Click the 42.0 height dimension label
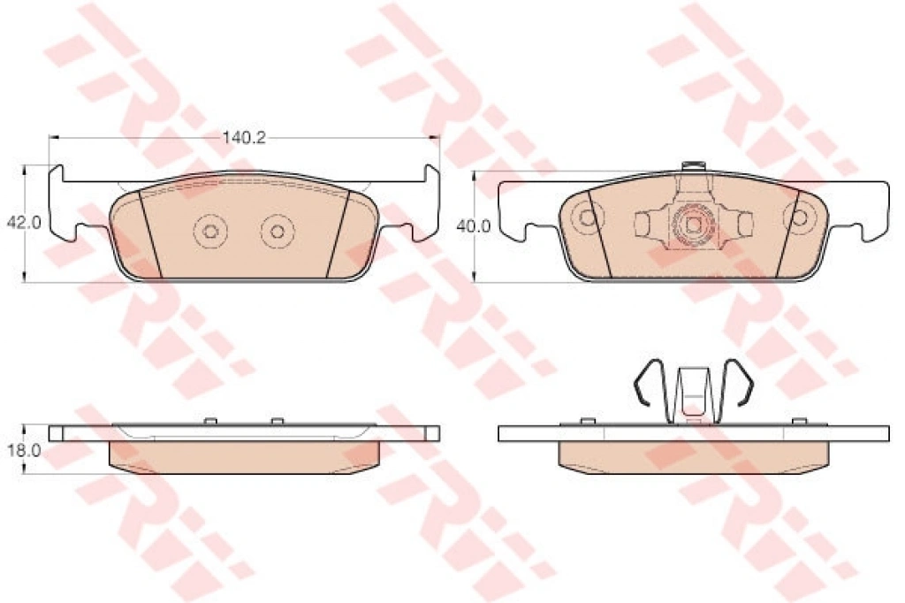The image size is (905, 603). tap(24, 223)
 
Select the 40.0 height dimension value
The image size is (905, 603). tap(474, 227)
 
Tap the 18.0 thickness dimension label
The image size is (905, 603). tap(24, 451)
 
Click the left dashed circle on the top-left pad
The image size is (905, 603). tap(210, 231)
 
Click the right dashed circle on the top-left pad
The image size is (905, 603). tap(278, 232)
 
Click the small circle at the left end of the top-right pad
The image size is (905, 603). tap(587, 218)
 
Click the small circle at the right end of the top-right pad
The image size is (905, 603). tap(800, 218)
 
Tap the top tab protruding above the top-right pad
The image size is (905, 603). tap(693, 166)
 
